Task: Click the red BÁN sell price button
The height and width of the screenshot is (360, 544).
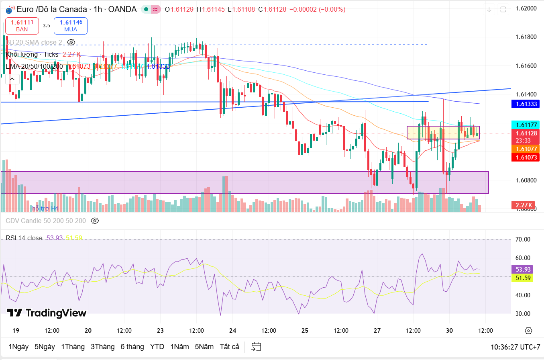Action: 22,26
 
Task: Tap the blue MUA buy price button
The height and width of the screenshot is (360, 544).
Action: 71,26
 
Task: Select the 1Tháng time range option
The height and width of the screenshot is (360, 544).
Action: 73,346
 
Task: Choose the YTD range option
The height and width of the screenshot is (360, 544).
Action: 157,346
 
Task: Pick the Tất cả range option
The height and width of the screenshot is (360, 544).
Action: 229,346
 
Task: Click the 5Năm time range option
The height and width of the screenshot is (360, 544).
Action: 204,346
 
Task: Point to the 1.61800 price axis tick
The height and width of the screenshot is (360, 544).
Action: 526,37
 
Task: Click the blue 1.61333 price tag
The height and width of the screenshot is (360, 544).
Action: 526,104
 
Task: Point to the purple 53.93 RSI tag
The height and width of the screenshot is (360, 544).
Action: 522,269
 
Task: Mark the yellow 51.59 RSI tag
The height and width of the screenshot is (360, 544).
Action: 522,278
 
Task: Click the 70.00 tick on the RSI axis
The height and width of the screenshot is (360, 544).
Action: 523,239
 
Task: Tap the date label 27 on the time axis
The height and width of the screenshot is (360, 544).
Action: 377,331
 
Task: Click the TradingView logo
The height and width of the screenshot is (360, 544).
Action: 47,313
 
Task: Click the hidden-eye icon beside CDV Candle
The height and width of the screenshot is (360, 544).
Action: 95,221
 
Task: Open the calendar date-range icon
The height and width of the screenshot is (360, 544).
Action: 256,346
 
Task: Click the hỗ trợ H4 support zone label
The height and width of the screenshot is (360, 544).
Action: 45,208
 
